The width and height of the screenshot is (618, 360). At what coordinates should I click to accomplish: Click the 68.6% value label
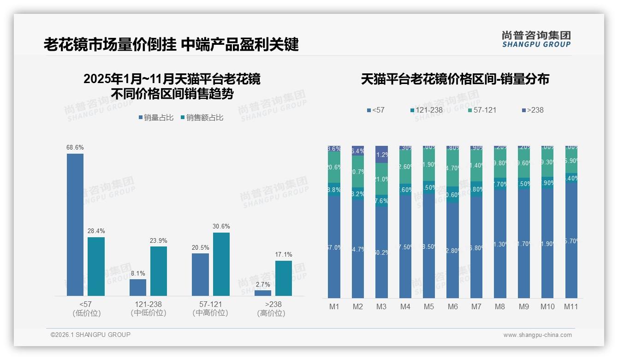click(75, 147)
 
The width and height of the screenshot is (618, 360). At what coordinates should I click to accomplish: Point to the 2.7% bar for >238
click(263, 293)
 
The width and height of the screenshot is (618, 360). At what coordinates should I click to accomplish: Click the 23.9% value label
click(159, 240)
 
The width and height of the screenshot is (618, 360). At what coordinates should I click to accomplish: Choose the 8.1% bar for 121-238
click(138, 287)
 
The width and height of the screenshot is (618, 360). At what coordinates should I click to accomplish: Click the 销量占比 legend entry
click(156, 118)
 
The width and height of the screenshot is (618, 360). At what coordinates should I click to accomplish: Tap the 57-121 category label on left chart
click(210, 305)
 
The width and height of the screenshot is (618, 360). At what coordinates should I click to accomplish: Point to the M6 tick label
click(452, 306)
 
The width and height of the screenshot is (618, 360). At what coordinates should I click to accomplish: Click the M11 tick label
click(571, 306)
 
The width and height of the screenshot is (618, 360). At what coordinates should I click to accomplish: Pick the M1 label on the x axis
click(334, 306)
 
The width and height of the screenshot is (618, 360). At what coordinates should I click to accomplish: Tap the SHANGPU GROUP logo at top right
click(536, 39)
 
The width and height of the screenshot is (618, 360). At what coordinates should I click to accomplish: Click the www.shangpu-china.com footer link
click(537, 335)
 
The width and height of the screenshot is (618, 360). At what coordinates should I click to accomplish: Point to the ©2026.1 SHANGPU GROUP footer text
click(90, 335)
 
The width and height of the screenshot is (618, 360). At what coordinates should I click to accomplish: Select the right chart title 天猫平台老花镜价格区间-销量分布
click(455, 79)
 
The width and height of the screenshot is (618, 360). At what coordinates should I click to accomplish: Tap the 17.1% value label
click(284, 254)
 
